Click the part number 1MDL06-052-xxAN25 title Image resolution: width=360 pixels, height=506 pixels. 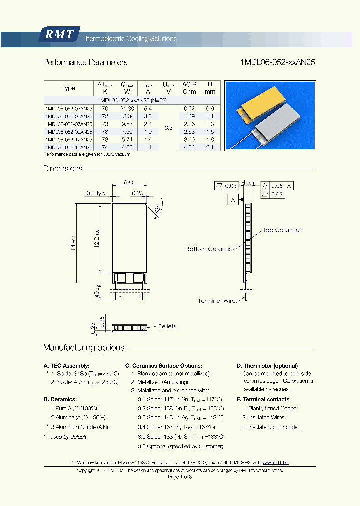(277, 62)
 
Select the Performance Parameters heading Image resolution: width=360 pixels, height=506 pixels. (85, 62)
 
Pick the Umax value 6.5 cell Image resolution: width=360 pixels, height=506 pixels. (168, 128)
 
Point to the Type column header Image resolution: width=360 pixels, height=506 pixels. (69, 88)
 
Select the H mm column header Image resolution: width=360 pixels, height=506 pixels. (210, 88)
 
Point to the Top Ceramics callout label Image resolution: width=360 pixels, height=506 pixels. (282, 230)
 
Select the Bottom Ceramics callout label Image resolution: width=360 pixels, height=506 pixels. (210, 249)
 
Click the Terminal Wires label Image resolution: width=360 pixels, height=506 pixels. (217, 301)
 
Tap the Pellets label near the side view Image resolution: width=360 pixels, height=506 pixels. (166, 326)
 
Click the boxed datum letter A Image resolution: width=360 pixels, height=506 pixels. (233, 200)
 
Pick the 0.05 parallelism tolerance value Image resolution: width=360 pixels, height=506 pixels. (277, 186)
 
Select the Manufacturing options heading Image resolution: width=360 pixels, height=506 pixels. (84, 347)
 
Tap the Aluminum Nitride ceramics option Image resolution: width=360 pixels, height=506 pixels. (79, 427)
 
